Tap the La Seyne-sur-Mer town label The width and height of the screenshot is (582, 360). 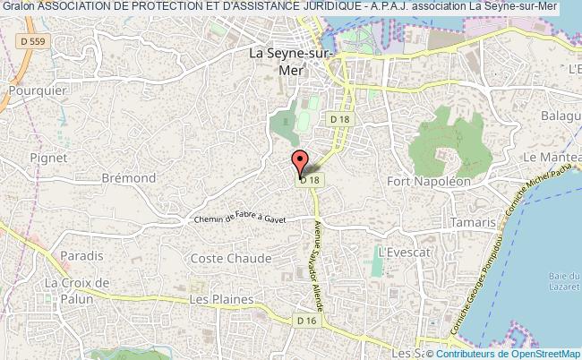pyautogui.click(x=291, y=60)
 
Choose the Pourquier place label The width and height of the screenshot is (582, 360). pyautogui.click(x=34, y=90)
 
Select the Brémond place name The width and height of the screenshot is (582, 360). pyautogui.click(x=128, y=178)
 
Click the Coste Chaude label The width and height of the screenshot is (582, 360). pyautogui.click(x=231, y=258)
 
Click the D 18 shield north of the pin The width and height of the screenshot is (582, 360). pyautogui.click(x=339, y=119)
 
